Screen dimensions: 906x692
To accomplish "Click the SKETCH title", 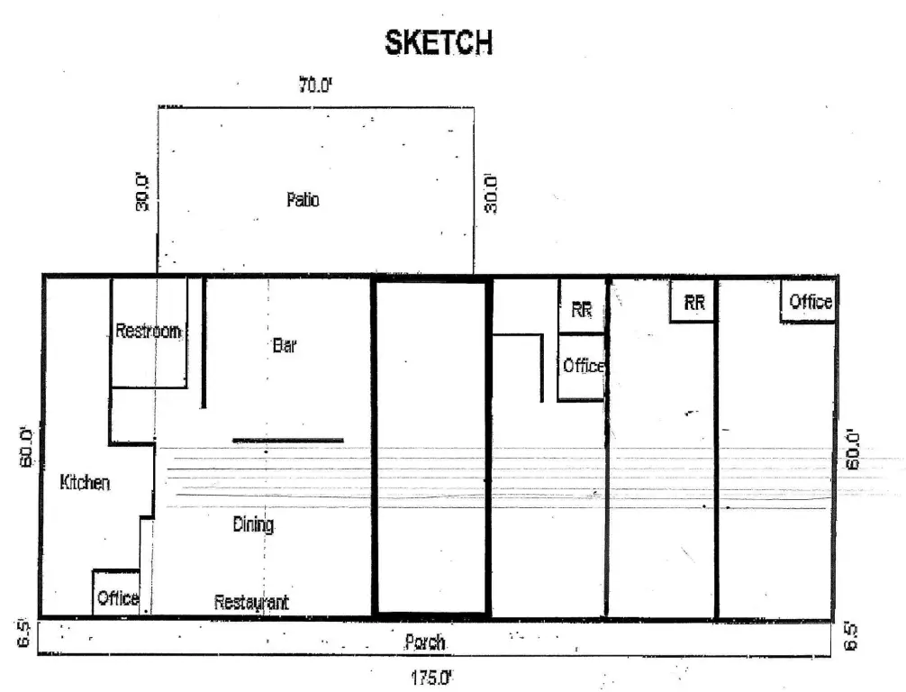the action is pos(439,42).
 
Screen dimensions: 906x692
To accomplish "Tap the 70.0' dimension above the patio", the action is pos(315,86).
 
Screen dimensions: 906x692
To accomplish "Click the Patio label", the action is pos(303,199).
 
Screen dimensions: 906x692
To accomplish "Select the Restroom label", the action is pos(148,331).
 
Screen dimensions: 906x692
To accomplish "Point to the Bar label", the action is pos(285,346).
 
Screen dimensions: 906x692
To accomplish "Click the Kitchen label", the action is pos(85,482).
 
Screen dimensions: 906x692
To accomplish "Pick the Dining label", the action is pos(253,524).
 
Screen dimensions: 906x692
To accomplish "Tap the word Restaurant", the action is pos(251,603).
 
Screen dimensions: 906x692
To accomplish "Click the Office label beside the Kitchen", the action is pos(118,597).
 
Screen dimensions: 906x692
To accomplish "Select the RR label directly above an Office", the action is pos(581,310).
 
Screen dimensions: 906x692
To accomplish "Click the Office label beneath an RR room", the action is pos(584,366).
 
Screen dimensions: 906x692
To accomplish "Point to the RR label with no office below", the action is pos(694,302).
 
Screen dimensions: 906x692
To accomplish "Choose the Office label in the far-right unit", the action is pos(811,301).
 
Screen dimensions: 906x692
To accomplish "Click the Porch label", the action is pos(425,642).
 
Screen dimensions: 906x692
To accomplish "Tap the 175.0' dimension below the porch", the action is pos(431,677).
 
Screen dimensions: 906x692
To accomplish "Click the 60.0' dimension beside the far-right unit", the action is pos(852,449).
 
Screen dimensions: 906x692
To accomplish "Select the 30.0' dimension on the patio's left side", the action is pos(142,191).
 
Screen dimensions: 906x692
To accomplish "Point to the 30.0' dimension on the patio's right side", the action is pos(491,194).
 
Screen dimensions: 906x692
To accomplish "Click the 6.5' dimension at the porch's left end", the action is pos(23,634).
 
